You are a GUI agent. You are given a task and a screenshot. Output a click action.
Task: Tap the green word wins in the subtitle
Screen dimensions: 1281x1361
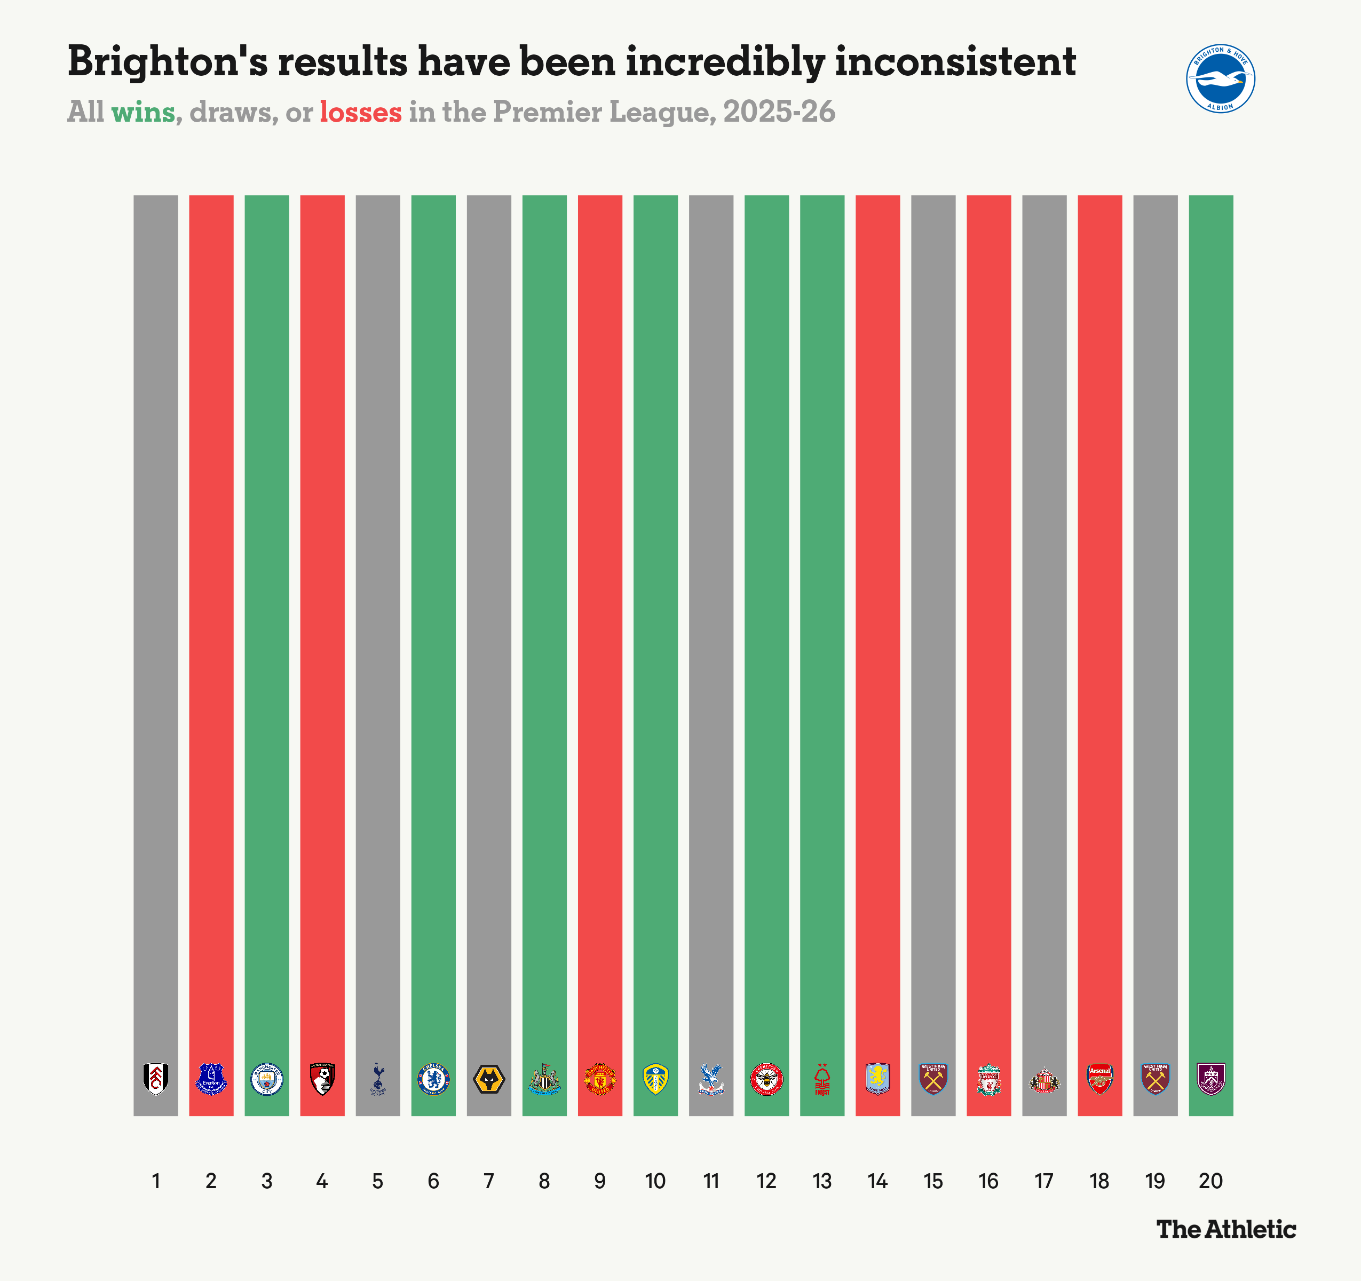tap(143, 112)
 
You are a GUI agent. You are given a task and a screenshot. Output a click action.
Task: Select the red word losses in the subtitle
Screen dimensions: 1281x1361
tap(360, 112)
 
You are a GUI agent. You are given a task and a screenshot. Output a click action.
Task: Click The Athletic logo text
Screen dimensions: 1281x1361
tap(1226, 1229)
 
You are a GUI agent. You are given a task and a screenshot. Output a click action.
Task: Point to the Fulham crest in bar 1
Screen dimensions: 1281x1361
tap(156, 1079)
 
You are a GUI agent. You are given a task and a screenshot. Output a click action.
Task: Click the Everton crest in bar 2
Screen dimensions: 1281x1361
tap(211, 1079)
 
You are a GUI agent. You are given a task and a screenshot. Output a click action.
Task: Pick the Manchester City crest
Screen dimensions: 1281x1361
tap(267, 1079)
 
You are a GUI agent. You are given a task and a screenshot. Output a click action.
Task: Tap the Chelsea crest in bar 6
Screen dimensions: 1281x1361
tap(433, 1079)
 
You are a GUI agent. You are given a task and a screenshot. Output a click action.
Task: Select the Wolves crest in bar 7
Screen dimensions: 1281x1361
tap(489, 1079)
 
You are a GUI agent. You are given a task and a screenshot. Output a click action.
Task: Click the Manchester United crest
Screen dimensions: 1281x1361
tap(600, 1079)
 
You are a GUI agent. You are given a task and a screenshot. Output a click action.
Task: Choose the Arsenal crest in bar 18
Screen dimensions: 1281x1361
tap(1099, 1079)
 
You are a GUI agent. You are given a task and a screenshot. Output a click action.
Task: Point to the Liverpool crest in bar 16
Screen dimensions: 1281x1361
tap(988, 1080)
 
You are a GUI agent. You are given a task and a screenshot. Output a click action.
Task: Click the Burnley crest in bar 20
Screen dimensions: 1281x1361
tap(1210, 1079)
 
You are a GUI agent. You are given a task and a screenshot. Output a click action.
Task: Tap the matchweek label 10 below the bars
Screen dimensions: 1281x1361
tap(655, 1181)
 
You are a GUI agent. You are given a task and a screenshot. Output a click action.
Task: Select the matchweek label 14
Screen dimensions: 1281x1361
tap(877, 1181)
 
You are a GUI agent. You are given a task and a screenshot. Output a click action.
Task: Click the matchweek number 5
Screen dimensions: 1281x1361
tap(378, 1181)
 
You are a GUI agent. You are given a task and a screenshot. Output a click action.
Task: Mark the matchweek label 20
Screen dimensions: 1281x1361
tap(1210, 1181)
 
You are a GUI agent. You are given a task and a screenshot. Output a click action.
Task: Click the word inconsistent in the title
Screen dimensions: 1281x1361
tap(955, 61)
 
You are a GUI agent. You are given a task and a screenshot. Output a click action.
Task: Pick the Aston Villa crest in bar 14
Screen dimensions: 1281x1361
tap(877, 1079)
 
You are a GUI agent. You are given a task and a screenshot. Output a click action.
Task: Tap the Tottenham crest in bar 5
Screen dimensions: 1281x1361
tap(378, 1079)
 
